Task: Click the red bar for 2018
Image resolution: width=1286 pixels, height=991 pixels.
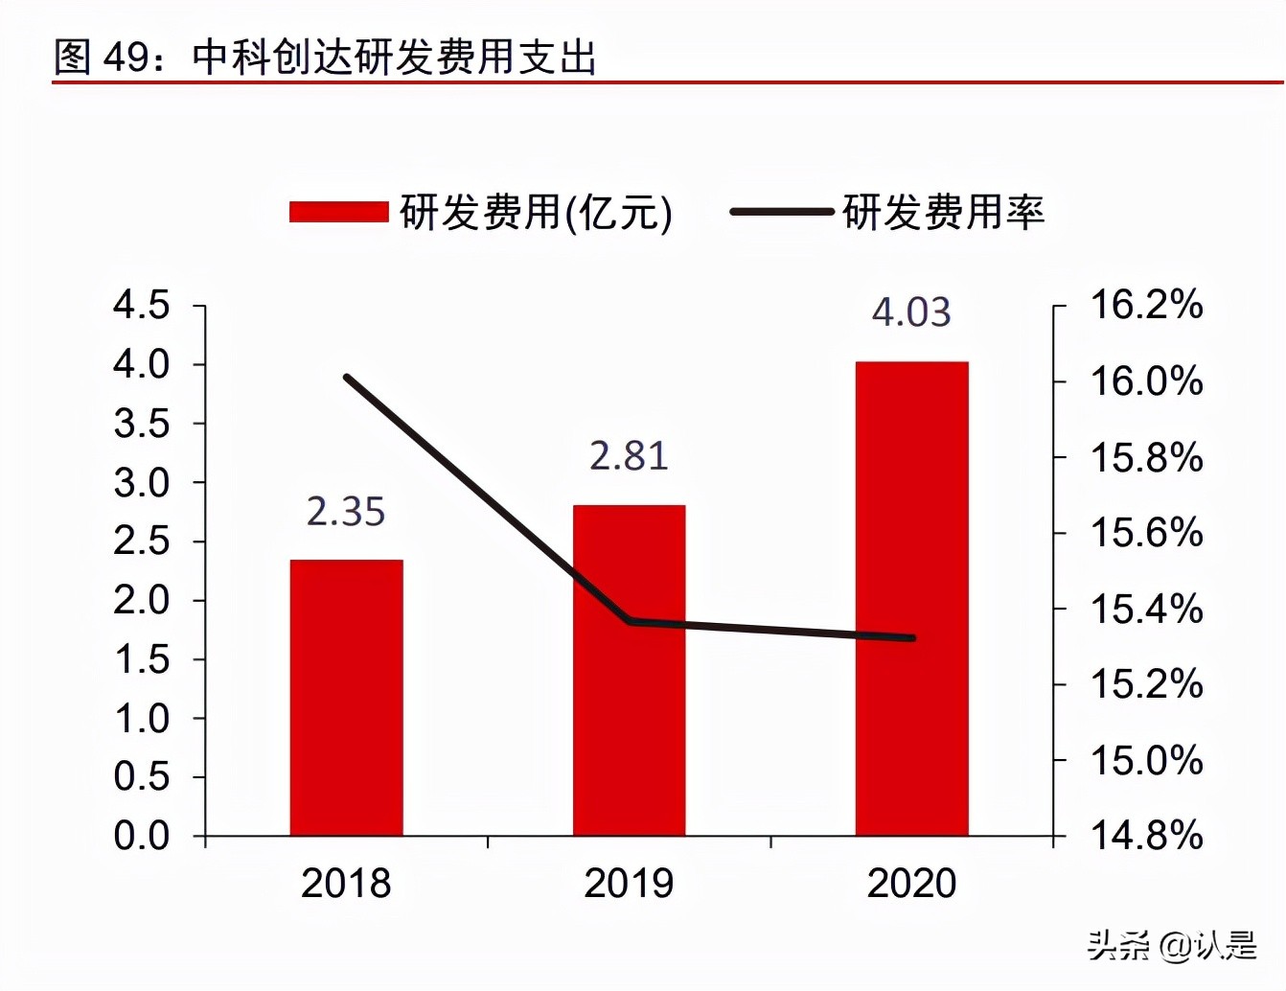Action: (x=346, y=697)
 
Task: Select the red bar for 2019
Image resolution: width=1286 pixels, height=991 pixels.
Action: (x=629, y=670)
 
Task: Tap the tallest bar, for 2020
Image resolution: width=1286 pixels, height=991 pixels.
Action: (x=911, y=598)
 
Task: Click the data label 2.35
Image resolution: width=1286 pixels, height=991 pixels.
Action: (x=346, y=512)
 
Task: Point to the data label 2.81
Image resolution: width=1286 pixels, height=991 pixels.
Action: (x=629, y=455)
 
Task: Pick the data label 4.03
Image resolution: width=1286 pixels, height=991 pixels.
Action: (x=911, y=312)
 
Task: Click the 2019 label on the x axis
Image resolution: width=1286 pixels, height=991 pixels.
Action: (x=629, y=884)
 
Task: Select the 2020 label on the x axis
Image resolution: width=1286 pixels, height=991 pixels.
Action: (x=911, y=884)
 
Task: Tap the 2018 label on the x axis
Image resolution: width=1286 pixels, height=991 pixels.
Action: (x=346, y=884)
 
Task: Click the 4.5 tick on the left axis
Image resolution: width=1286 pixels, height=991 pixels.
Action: (x=142, y=306)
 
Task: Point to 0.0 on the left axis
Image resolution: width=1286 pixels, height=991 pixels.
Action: (x=142, y=836)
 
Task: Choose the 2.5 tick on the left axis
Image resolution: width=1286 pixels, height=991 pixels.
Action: (x=142, y=542)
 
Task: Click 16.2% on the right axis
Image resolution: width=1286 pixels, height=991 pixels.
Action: (x=1146, y=305)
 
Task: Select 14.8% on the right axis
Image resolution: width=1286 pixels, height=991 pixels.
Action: (x=1146, y=836)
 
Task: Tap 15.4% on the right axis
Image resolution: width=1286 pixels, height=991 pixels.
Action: (x=1146, y=609)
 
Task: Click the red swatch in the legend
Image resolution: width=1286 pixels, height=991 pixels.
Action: (x=338, y=212)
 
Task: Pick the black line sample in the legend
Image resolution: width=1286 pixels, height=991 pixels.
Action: (x=781, y=212)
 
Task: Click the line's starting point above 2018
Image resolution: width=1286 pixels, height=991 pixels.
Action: (x=347, y=378)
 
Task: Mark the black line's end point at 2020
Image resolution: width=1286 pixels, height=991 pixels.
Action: (x=912, y=637)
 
